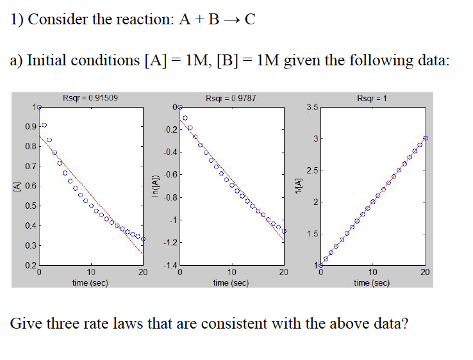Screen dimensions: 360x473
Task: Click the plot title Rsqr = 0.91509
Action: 90,98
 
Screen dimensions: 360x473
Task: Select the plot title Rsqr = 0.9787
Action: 231,98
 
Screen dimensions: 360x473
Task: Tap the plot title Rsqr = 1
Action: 372,98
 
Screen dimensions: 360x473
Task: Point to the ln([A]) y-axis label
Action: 154,187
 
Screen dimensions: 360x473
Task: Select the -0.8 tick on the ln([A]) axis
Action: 169,197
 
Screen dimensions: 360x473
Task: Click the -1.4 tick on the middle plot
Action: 169,266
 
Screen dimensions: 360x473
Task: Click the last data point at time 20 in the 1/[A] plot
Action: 426,138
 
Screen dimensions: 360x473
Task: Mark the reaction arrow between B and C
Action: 229,20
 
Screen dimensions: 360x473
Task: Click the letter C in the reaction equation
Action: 250,19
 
